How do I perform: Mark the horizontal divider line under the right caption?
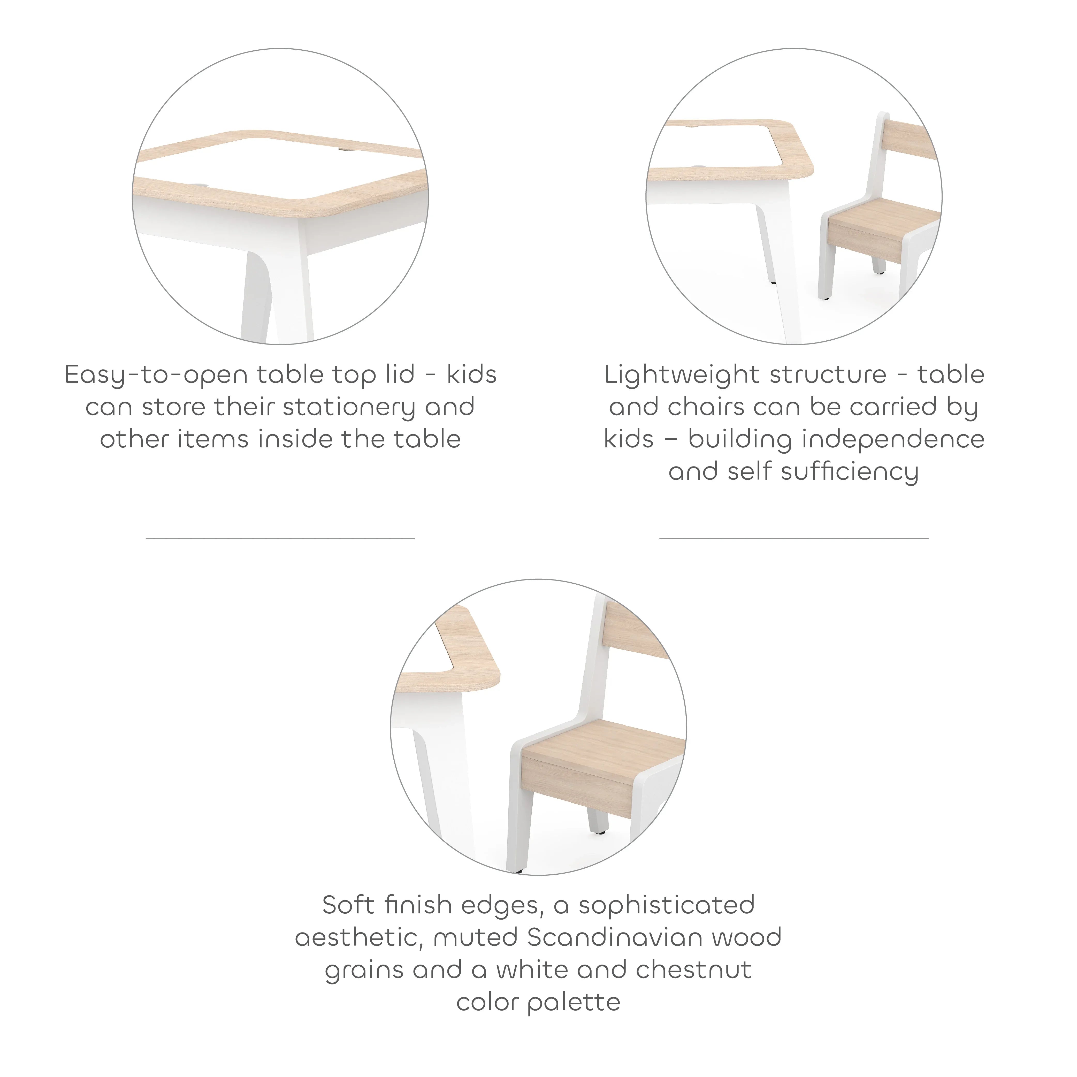click(x=794, y=538)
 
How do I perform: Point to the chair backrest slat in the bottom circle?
click(x=636, y=630)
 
